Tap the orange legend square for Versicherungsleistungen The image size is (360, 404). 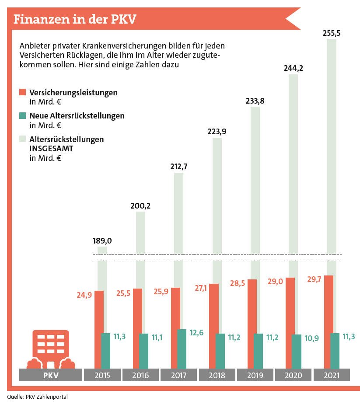tap(23, 92)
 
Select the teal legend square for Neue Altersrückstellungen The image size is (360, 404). tap(23, 116)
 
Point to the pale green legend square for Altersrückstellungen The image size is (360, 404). tap(23, 139)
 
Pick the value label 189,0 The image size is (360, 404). tap(102, 240)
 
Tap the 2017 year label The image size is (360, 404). tap(178, 375)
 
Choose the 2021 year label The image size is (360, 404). tap(331, 375)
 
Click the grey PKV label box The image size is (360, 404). tap(51, 375)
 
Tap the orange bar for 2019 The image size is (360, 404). tap(252, 324)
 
